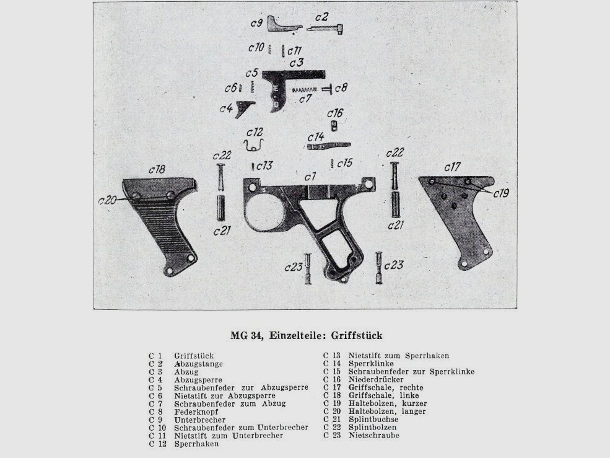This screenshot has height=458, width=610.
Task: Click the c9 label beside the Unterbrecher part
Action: pyautogui.click(x=256, y=23)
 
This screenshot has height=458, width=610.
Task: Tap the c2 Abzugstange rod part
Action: pyautogui.click(x=331, y=28)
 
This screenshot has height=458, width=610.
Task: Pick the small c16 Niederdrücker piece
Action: pyautogui.click(x=333, y=126)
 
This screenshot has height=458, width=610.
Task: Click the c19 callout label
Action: pyautogui.click(x=501, y=193)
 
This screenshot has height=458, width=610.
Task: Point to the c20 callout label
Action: pyautogui.click(x=107, y=200)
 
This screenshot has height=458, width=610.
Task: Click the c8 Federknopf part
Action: pyautogui.click(x=328, y=89)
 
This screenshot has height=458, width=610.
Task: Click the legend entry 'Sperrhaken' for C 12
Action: pyautogui.click(x=196, y=444)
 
